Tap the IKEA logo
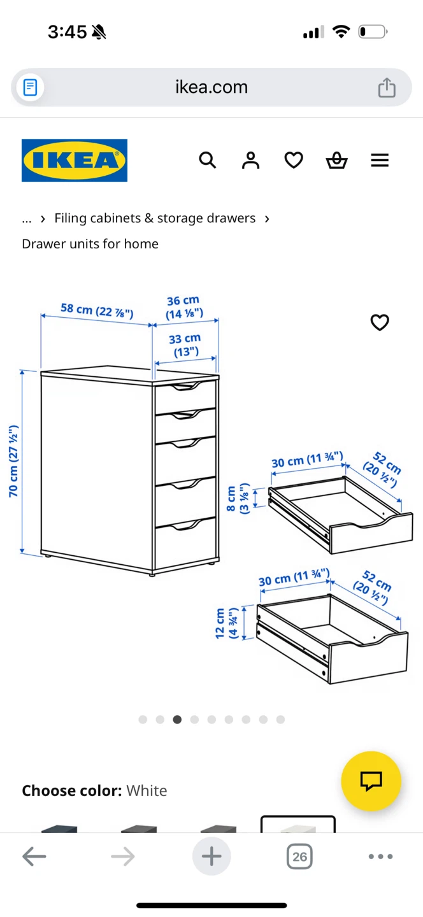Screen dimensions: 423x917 [75, 160]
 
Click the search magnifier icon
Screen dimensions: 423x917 [208, 160]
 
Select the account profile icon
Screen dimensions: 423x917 [250, 160]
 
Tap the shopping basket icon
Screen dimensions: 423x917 [336, 160]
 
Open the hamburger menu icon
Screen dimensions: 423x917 [380, 160]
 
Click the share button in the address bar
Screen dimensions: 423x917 [387, 87]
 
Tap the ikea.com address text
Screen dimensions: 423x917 [211, 87]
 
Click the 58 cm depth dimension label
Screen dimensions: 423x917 [97, 310]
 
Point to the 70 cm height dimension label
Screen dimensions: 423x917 [13, 461]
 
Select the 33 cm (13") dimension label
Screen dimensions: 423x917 [185, 345]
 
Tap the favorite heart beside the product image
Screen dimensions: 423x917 [380, 323]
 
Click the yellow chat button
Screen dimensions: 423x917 [371, 781]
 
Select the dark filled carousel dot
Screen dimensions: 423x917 [177, 720]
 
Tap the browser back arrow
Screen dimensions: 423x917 [34, 856]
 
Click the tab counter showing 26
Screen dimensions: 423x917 [300, 857]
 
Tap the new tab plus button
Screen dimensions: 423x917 [211, 856]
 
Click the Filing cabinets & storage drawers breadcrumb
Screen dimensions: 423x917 [155, 218]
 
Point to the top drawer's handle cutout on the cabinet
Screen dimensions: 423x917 [186, 387]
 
